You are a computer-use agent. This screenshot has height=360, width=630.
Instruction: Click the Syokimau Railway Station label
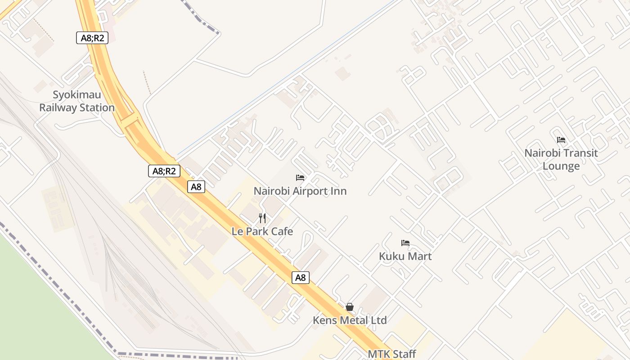coord(77,101)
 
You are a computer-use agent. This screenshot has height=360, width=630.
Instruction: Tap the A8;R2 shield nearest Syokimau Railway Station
coord(92,38)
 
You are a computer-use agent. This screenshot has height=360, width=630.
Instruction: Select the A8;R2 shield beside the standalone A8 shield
coord(164,171)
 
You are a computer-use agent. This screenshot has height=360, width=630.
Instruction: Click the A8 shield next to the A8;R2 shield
coord(196,187)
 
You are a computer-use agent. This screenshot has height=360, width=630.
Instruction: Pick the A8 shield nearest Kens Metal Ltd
coord(301,278)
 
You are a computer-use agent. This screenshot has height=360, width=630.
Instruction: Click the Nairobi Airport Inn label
coord(300,191)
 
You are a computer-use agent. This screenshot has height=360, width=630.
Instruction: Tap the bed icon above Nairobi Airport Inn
coord(300,178)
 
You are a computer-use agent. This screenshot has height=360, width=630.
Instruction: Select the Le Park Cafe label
coord(262,232)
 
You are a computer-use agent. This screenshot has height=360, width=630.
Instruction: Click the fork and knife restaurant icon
coord(262,218)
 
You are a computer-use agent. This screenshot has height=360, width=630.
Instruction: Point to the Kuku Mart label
coord(405,256)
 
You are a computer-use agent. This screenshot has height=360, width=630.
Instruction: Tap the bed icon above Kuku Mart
coord(405,243)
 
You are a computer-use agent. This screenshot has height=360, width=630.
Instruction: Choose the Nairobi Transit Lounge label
coord(561,159)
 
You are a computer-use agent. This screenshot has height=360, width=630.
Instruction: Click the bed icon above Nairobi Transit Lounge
coord(561,139)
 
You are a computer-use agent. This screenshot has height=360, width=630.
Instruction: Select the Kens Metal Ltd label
coord(350,320)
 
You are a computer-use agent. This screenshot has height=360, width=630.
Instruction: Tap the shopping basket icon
coord(350,307)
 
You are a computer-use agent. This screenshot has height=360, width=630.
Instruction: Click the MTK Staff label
coord(392,354)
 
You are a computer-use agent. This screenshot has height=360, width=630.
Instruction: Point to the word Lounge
coord(561,166)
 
